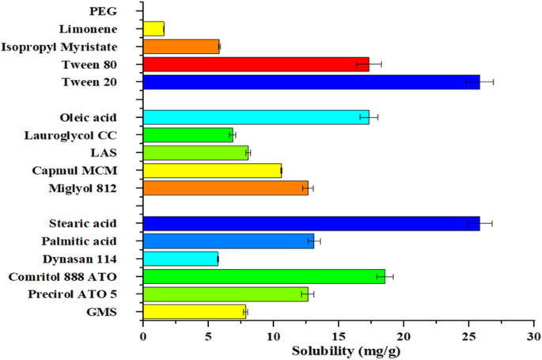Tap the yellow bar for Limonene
pyautogui.click(x=154, y=29)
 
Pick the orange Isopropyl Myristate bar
pyautogui.click(x=181, y=47)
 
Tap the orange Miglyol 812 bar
pyautogui.click(x=226, y=188)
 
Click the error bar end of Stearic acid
pyautogui.click(x=491, y=223)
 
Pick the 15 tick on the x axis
pyautogui.click(x=338, y=334)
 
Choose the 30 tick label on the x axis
pyautogui.click(x=534, y=334)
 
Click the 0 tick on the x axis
pyautogui.click(x=142, y=334)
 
